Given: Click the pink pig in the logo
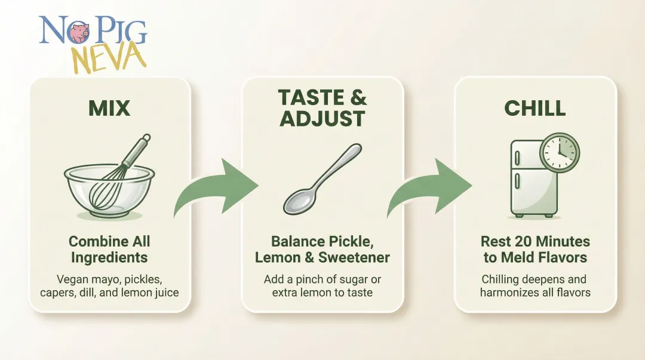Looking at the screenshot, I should (x=78, y=33).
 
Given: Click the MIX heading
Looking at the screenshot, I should (x=109, y=108).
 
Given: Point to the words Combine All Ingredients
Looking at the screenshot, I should (x=109, y=250).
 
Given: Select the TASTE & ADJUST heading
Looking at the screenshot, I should (x=322, y=107).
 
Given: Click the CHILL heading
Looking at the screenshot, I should (x=535, y=108).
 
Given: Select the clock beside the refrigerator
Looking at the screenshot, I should (x=560, y=151).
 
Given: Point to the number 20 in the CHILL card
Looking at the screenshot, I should (x=524, y=242).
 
